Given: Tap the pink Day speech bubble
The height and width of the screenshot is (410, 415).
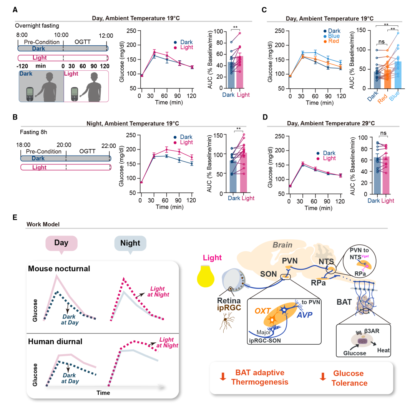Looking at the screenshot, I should point(61,243).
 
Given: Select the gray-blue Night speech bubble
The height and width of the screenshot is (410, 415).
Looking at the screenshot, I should point(130,243).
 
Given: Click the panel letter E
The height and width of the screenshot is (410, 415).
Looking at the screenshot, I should point(15,217).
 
